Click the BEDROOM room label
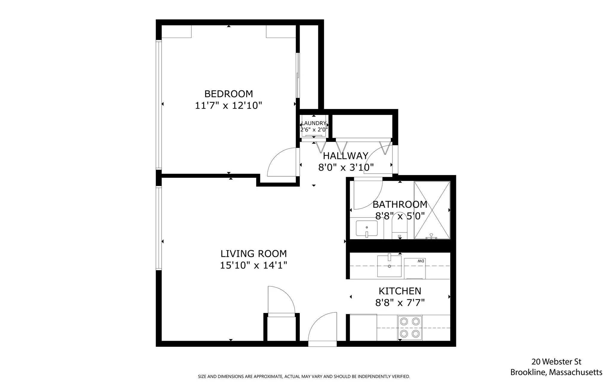click(229, 94)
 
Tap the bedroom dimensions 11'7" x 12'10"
click(229, 105)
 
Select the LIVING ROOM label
click(254, 254)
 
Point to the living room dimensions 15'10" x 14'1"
click(254, 265)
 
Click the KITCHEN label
click(400, 291)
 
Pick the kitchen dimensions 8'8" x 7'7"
click(400, 303)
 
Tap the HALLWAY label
click(345, 156)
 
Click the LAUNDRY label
click(314, 123)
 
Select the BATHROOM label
click(400, 205)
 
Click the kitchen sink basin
click(389, 266)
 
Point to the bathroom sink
click(367, 229)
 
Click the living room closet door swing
click(281, 300)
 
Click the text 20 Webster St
click(556, 362)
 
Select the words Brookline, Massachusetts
click(556, 372)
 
